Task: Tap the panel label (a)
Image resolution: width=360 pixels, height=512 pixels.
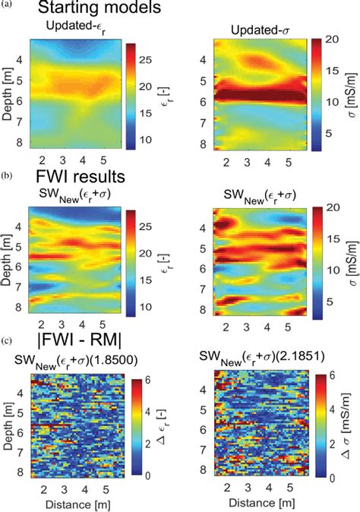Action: pyautogui.click(x=7, y=4)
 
